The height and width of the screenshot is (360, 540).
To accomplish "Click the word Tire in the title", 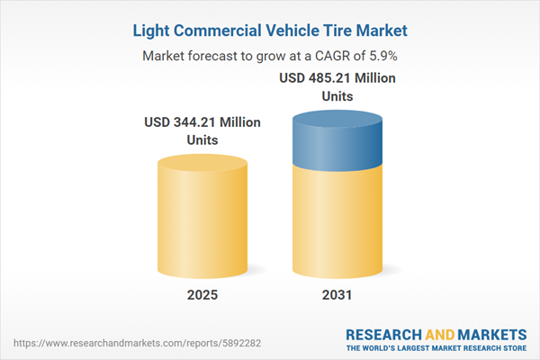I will coord(324,30).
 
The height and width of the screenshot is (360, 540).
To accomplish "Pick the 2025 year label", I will coord(202,295).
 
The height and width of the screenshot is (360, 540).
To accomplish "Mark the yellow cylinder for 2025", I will coord(202,216).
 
